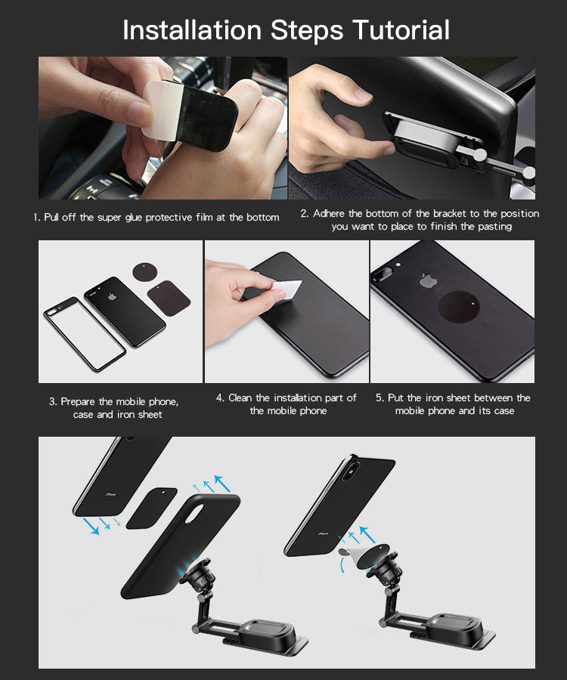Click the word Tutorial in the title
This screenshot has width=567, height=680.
pyautogui.click(x=401, y=30)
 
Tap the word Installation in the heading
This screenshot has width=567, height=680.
pyautogui.click(x=192, y=30)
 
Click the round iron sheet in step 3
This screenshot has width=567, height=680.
pyautogui.click(x=145, y=272)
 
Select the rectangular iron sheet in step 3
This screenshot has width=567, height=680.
pyautogui.click(x=169, y=298)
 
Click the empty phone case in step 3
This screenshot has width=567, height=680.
pyautogui.click(x=85, y=333)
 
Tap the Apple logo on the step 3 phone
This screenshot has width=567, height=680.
pyautogui.click(x=113, y=297)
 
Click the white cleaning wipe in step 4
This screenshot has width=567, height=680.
pyautogui.click(x=287, y=289)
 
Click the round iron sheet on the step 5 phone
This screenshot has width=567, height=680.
pyautogui.click(x=459, y=307)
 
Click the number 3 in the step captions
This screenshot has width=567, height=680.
pyautogui.click(x=52, y=402)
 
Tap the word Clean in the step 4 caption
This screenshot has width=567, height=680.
pyautogui.click(x=240, y=397)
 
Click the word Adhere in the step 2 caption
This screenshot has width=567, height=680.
pyautogui.click(x=330, y=213)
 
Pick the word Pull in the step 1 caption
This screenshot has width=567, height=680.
pyautogui.click(x=51, y=218)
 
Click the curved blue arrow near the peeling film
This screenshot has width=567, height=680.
pyautogui.click(x=342, y=564)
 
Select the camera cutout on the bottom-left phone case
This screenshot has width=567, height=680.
pyautogui.click(x=195, y=513)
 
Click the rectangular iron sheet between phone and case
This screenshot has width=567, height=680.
pyautogui.click(x=151, y=508)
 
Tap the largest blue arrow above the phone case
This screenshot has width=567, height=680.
pyautogui.click(x=222, y=483)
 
